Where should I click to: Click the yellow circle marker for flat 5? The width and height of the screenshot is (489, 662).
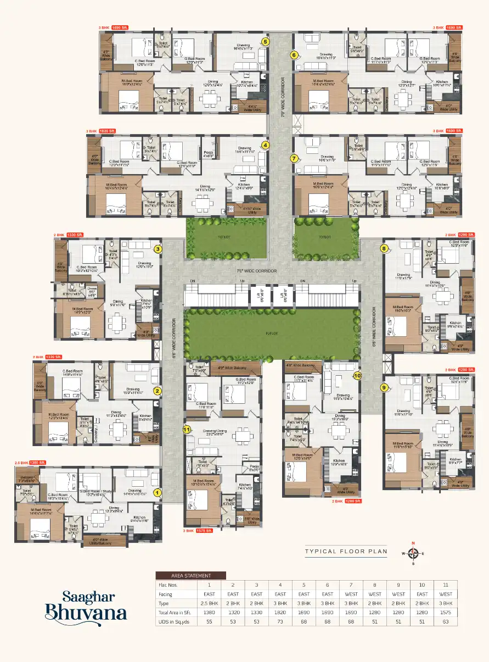(x=265, y=41)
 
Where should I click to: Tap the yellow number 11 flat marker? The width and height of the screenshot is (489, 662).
(x=187, y=429)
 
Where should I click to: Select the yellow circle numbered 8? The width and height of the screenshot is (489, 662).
(x=384, y=248)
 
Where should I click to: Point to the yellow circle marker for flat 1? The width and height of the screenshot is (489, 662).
(x=157, y=493)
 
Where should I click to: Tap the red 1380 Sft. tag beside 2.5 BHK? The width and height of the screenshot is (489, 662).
(x=37, y=463)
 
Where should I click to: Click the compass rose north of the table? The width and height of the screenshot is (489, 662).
(x=414, y=553)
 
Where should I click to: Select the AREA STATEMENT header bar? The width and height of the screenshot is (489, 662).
(x=190, y=575)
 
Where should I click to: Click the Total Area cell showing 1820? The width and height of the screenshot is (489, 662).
(x=280, y=611)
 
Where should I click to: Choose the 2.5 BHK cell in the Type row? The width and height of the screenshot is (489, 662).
(x=209, y=603)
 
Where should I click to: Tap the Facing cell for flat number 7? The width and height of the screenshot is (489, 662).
(x=351, y=594)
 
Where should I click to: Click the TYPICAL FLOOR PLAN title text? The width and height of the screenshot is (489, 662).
(x=346, y=551)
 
